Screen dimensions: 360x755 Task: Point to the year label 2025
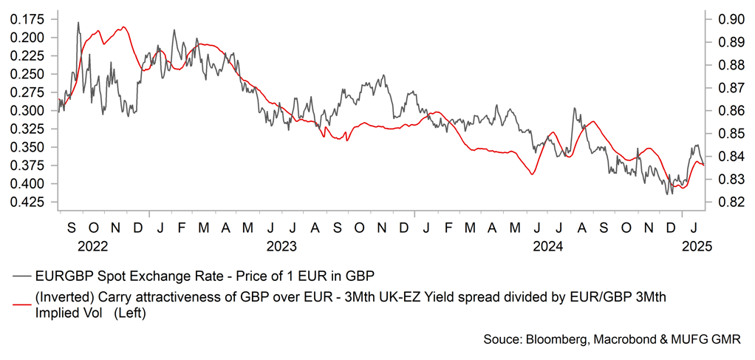[x=696, y=245]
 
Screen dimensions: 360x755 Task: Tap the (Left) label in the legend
[x=131, y=313]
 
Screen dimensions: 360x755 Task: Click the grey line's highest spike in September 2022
[x=78, y=23]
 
